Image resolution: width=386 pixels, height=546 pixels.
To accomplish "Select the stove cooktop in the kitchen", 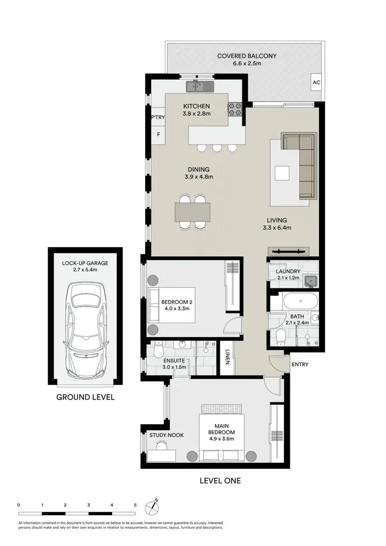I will pos(235,108).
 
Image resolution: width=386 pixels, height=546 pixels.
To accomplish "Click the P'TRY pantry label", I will pos(157,118).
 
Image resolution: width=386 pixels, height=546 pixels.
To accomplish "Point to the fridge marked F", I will pos(158,135).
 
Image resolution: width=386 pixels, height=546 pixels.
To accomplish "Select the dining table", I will pos(192,211).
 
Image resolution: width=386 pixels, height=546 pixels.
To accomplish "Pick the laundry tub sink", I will pos(310,281).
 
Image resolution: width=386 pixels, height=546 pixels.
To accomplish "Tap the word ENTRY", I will pos(300,365).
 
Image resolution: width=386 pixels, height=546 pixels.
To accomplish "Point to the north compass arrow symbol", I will pos(155,506).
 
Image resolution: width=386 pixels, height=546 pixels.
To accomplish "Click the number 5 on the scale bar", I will pos(135,505).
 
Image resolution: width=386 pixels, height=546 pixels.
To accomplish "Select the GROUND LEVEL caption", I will pos(85,397).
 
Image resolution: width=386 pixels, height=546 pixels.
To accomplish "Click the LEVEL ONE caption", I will pos(220,481).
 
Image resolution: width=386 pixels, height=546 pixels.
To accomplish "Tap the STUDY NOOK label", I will pos(167,435).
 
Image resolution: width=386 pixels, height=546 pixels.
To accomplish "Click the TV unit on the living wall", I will pos(289,251).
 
